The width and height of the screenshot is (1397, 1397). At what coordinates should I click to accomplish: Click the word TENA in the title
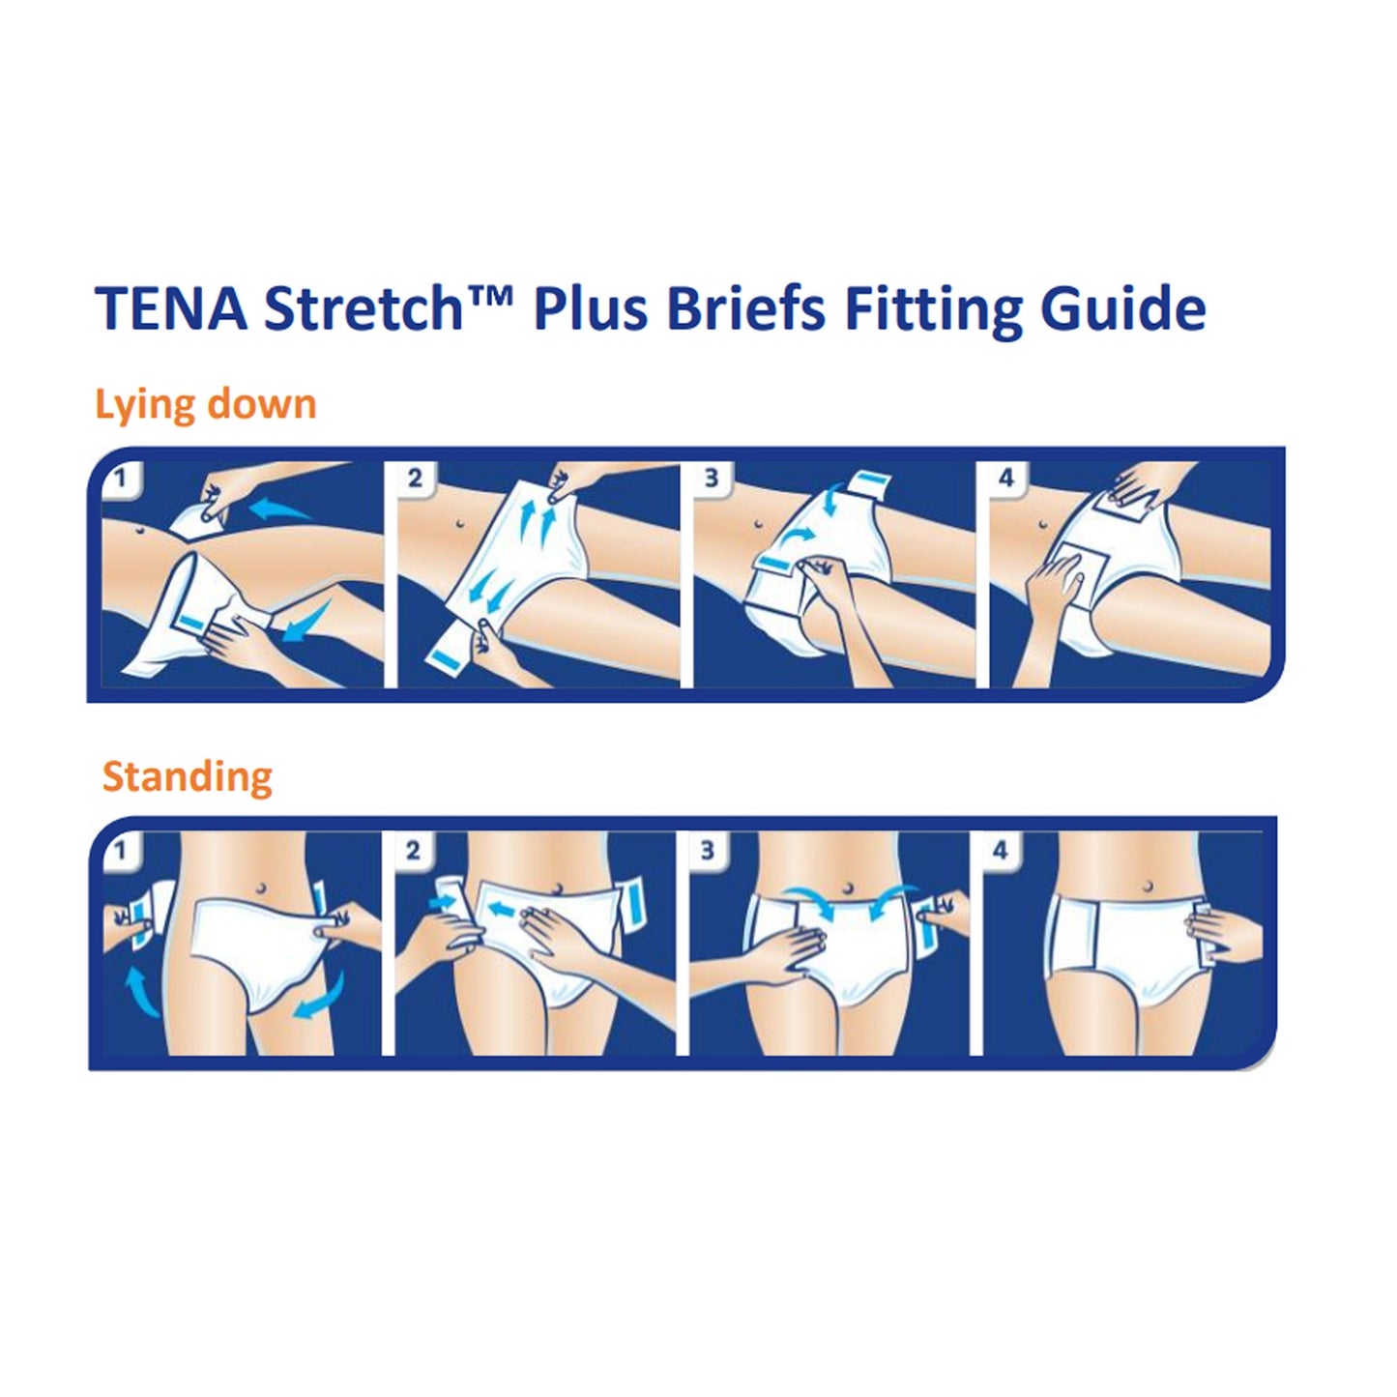coord(171,309)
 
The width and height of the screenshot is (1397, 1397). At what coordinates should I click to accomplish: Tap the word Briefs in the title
coord(745,309)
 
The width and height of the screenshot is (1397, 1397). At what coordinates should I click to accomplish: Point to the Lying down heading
coord(206,404)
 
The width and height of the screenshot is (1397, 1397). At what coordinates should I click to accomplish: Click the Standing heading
coord(188,776)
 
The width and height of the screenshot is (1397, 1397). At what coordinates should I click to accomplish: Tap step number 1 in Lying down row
coord(120,479)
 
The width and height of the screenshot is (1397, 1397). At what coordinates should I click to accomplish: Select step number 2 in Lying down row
coord(415,479)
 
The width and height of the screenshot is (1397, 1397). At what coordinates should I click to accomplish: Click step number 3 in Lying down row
coord(712,479)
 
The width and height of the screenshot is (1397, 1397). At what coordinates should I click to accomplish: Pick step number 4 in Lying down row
coord(1006,479)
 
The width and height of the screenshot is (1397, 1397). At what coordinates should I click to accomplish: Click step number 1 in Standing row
coord(120,851)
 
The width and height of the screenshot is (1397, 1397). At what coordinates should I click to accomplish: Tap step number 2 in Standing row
coord(413,851)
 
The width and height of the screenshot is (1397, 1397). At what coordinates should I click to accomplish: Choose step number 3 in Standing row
coord(708,851)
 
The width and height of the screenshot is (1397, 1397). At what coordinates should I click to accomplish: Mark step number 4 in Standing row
coord(1001,851)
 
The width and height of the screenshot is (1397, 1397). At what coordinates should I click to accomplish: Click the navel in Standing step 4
coord(1147,886)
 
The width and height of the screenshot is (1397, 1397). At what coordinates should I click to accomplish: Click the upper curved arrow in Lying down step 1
coord(280,507)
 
